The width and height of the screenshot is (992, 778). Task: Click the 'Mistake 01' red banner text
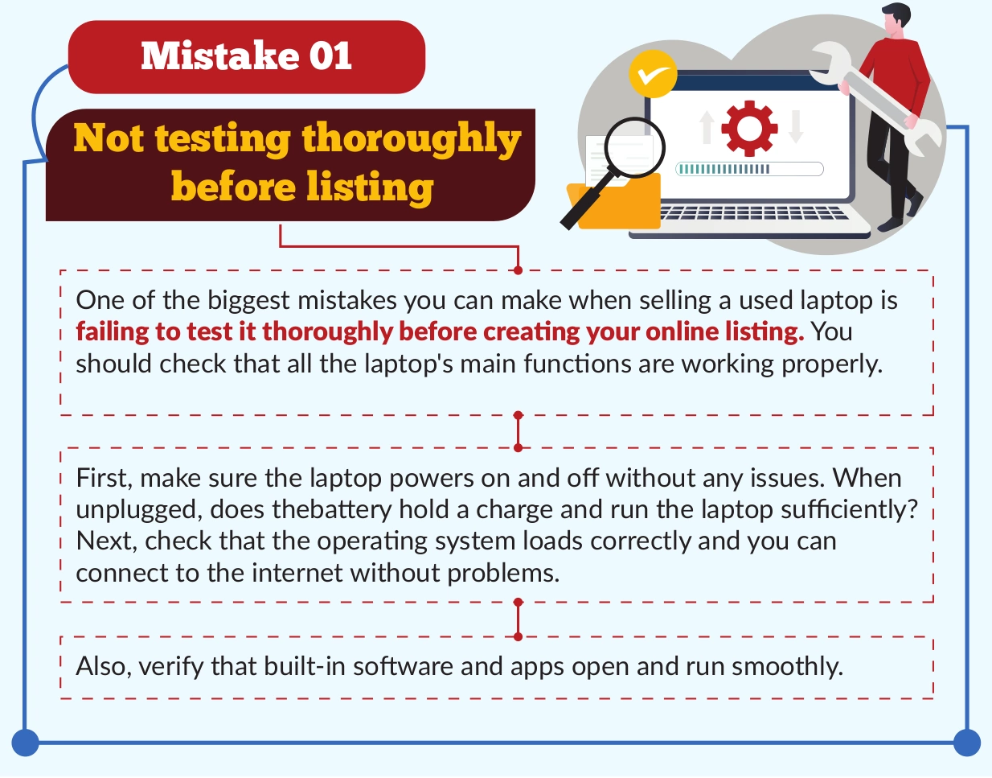pos(247,56)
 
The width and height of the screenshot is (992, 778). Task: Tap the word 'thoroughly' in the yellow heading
pos(412,139)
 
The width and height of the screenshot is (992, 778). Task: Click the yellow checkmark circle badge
pos(653,73)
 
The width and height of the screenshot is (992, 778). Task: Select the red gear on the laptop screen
pos(749,129)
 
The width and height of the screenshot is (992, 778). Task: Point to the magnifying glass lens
pos(634,148)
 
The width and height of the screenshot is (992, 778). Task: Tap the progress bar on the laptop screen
pos(749,169)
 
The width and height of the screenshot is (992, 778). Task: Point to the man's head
pos(896,19)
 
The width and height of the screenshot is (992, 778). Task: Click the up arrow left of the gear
pos(707,127)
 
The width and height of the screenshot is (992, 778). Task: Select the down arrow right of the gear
pos(796,127)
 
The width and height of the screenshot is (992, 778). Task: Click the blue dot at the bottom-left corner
pos(25,743)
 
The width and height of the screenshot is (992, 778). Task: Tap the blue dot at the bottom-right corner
pos(967,743)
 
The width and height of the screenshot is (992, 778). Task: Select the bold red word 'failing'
pos(113,331)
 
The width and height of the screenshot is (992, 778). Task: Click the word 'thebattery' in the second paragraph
pos(332,509)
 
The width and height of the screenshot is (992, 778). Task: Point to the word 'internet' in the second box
pos(297,573)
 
